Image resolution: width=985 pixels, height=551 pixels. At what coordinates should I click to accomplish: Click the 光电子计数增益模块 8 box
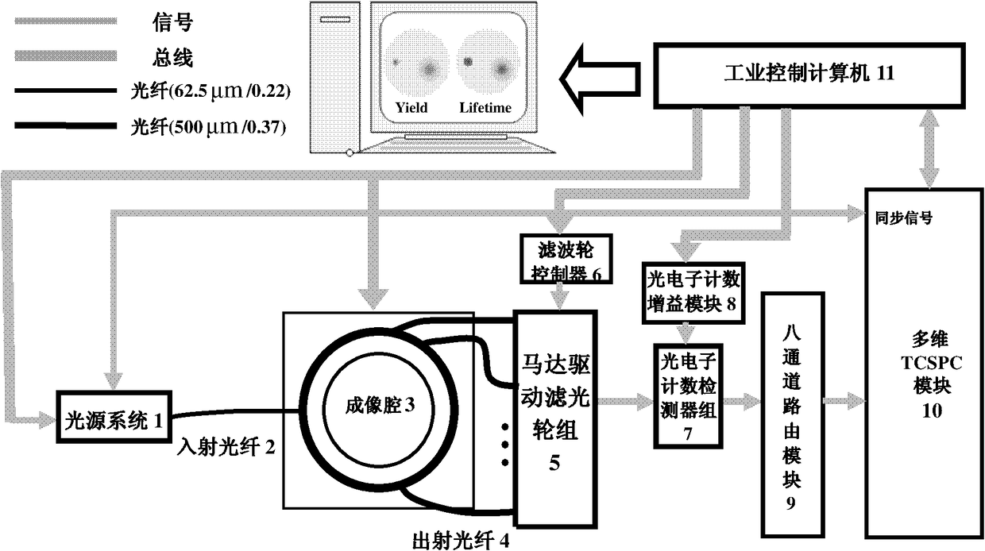tap(693, 291)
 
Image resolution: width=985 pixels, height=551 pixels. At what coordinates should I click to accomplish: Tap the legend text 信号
tap(172, 23)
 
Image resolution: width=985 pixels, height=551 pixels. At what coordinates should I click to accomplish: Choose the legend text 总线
tap(172, 58)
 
